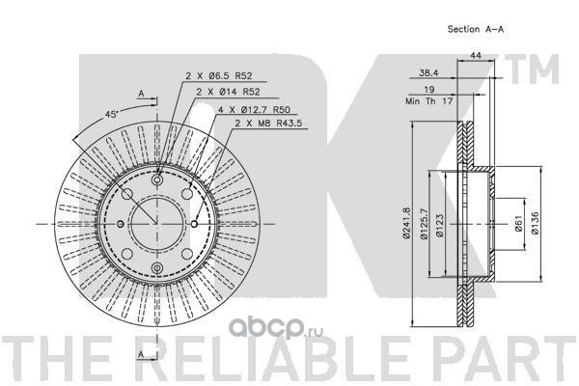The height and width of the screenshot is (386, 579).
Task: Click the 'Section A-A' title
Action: point(477,29)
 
